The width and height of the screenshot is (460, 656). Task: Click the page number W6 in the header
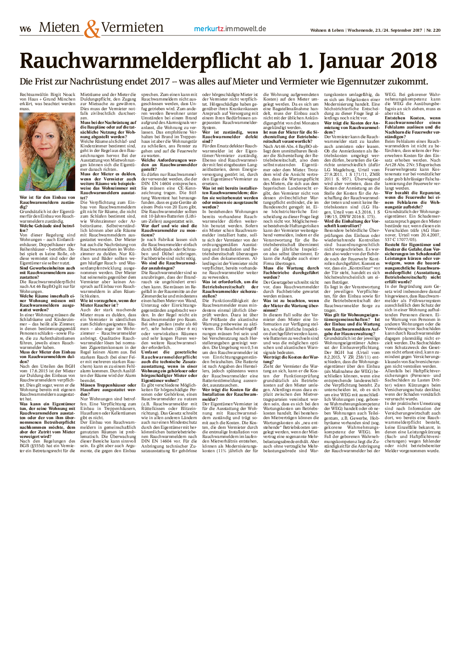coord(25,29)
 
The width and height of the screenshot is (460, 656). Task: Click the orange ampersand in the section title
coord(91,29)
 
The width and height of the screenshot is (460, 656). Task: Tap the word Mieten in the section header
coord(59,28)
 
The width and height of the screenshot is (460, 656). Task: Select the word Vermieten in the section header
coord(132,28)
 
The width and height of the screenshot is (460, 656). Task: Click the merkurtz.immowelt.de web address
coord(230,28)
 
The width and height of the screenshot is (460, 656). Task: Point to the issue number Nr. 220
coord(433,30)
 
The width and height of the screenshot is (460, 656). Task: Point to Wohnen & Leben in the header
coord(327,30)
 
